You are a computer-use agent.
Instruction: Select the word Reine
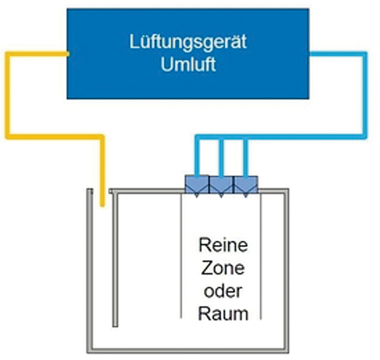(223, 246)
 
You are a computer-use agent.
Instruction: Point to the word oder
(223, 291)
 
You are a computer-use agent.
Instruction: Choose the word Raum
(223, 314)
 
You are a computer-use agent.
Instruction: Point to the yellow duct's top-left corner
(8, 54)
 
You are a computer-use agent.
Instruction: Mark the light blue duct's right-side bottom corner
(362, 137)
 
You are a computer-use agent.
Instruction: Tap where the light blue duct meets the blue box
(309, 54)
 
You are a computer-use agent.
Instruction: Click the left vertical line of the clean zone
(182, 255)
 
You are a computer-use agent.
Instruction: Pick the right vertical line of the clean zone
(261, 255)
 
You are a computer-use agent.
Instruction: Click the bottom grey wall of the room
(188, 350)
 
